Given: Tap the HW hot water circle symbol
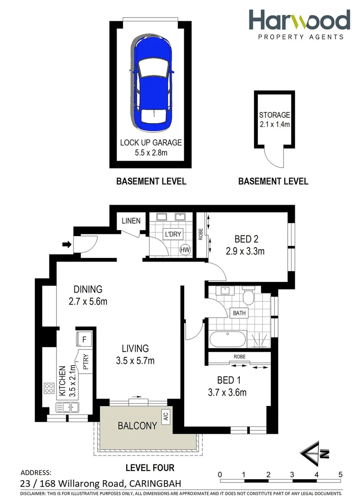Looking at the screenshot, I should [x=185, y=250].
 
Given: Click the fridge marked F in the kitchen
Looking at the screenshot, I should [x=84, y=339].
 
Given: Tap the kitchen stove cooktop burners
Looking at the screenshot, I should [x=50, y=387].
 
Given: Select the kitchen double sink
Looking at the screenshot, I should [x=68, y=407].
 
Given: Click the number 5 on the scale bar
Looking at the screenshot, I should [x=340, y=474].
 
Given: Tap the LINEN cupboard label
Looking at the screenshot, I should [x=131, y=221].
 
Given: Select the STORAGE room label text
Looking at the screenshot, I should [x=274, y=115].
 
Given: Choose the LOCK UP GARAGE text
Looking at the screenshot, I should [x=151, y=143].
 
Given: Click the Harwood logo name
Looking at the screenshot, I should [x=299, y=21].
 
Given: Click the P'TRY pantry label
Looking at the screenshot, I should [x=86, y=362].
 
